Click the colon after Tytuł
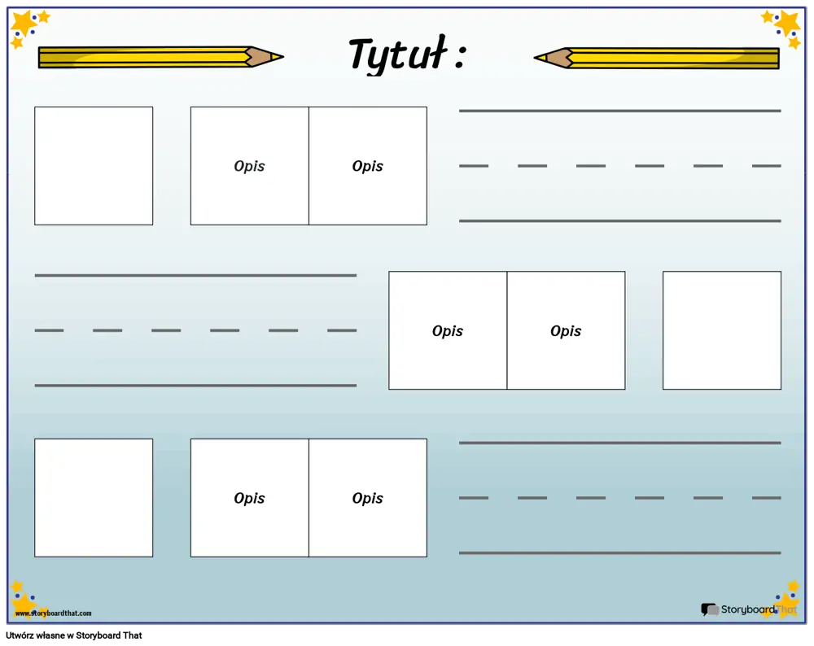459,56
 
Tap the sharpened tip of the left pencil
283,57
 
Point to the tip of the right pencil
536,58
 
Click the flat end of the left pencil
39,58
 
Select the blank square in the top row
94,166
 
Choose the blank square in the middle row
721,330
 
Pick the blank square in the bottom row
94,498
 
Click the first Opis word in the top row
249,166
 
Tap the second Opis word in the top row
368,166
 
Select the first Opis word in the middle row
448,331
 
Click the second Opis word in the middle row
566,331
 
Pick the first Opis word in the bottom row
249,498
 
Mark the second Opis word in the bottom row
368,498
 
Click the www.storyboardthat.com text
54,613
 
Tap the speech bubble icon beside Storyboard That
710,609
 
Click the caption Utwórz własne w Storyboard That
74,635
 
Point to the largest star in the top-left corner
23,24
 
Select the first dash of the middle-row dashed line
49,330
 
